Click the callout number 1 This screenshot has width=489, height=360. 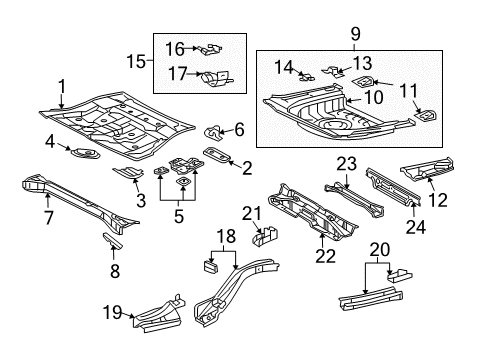point(62,87)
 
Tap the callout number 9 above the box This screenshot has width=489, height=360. point(355,34)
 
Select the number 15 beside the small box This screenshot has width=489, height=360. point(136,61)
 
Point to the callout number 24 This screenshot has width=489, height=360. point(416,227)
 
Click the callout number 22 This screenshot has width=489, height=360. point(325,256)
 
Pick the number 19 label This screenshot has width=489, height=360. point(112,312)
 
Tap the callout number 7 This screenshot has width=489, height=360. point(49,218)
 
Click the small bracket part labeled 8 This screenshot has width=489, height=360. point(113,241)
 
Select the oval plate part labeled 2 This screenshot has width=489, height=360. point(217,155)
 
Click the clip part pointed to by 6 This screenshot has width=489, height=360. point(213,132)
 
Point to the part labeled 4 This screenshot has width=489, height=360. point(86,154)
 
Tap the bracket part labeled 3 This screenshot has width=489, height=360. point(128,173)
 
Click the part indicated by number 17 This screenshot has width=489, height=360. point(217,78)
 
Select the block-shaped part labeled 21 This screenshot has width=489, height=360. point(265,236)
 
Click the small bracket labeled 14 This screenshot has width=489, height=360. point(307,77)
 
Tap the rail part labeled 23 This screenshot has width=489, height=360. point(355,200)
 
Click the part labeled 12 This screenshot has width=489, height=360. point(427,167)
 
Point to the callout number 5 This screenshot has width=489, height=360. point(179,216)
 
